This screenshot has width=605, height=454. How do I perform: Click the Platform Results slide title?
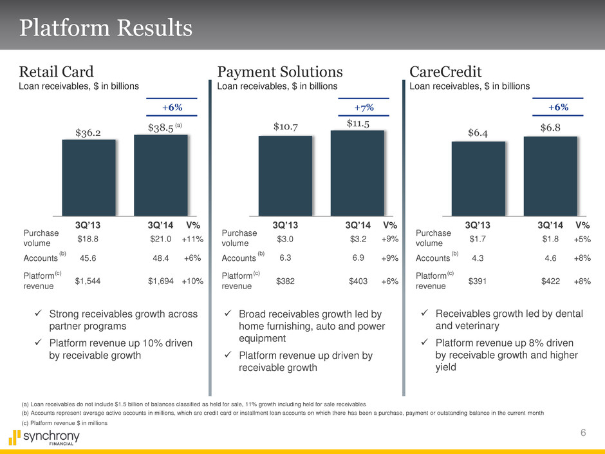coord(106,28)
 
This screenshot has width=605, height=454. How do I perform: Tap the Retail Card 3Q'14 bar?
coord(160,175)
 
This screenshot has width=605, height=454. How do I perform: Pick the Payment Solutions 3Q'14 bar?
coord(357,173)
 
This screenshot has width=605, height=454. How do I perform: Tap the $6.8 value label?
coord(551,128)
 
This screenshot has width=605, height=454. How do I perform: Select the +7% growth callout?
coord(364,106)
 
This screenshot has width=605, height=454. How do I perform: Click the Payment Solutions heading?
coord(280,70)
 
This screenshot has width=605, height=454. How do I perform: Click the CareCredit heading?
coord(445,70)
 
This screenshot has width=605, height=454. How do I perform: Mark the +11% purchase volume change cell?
coord(192,240)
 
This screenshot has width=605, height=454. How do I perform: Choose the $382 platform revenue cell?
coord(285,281)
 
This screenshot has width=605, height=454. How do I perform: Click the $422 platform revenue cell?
coord(552,281)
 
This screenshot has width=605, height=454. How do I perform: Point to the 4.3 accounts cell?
coord(478,258)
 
